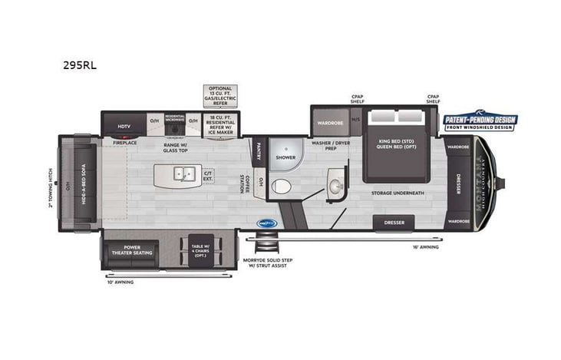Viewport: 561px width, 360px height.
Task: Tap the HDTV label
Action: tap(124, 126)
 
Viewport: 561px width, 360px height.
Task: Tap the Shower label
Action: tap(285, 157)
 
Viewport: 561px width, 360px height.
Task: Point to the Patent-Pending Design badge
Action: tap(480, 121)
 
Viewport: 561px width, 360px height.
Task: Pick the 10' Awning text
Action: tap(120, 282)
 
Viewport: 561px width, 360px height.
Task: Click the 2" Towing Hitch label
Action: tap(51, 187)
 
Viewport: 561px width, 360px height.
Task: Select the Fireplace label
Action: tap(124, 143)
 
